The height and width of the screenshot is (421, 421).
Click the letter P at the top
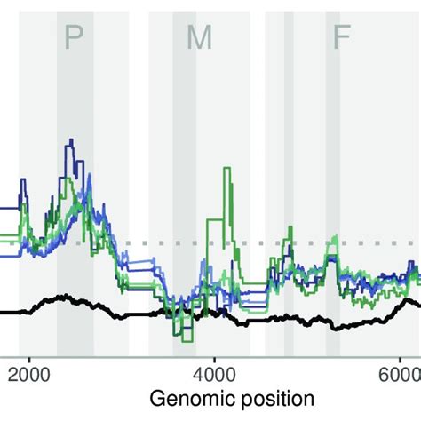click(x=75, y=37)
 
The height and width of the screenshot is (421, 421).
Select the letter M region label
click(x=199, y=37)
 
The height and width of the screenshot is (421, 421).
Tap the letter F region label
click(x=340, y=37)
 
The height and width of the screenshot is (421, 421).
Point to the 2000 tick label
click(x=29, y=372)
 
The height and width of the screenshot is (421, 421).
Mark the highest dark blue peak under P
click(x=70, y=141)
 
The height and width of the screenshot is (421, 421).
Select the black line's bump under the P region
click(x=62, y=298)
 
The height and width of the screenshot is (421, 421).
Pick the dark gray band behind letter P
click(x=75, y=107)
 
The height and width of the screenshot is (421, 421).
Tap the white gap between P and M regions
click(x=139, y=107)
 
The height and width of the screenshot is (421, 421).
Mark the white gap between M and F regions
click(x=260, y=107)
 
